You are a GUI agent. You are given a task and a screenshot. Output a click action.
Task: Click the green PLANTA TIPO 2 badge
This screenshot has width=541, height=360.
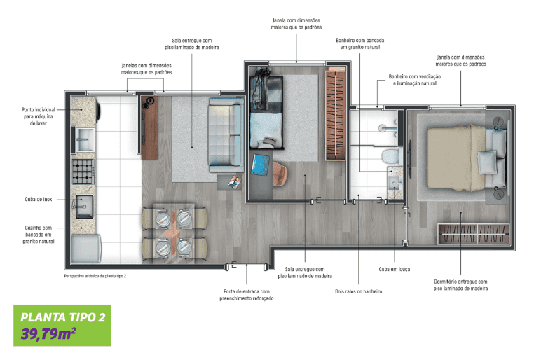62,325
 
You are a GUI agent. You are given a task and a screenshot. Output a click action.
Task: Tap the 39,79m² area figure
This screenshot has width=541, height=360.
48,334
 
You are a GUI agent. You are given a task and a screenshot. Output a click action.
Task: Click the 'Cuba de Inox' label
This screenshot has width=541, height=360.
39,200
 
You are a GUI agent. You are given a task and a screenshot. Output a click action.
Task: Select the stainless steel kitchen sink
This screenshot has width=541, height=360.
84,207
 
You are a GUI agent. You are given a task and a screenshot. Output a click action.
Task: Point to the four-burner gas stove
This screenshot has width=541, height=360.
83,172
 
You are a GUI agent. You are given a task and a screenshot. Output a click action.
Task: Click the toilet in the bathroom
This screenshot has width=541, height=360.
392,156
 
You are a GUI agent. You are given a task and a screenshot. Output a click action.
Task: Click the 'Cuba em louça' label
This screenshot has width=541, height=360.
395,269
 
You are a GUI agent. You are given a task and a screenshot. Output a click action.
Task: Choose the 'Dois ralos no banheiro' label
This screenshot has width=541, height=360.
359,291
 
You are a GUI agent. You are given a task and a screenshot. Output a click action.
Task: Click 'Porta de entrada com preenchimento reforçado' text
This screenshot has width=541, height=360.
247,295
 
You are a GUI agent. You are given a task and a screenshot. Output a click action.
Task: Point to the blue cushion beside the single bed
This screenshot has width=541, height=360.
261,165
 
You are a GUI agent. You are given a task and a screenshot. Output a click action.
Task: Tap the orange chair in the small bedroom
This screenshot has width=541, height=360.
280,174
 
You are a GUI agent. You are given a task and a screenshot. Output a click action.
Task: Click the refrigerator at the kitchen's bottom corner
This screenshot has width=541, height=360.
86,249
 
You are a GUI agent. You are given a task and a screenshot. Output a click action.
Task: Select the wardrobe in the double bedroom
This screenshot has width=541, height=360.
474,234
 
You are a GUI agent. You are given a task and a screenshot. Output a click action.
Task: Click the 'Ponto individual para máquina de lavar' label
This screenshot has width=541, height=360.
38,116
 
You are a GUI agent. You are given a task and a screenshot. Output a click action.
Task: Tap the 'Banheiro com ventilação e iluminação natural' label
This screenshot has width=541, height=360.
414,80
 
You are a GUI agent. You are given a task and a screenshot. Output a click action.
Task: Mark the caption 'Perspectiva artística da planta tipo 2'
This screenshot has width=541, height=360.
95,276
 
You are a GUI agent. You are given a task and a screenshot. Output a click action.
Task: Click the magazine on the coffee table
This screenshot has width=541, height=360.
235,182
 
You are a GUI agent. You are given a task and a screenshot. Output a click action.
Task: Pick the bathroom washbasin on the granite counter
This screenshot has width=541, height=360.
395,183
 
